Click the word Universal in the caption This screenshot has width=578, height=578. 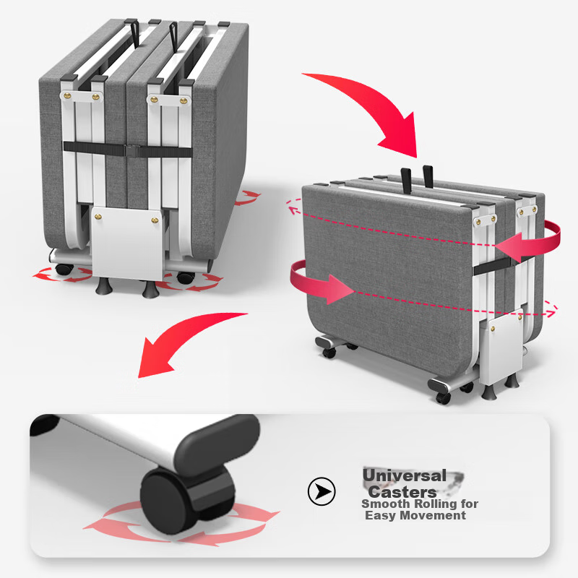[405, 475]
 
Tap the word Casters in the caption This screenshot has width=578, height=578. [402, 492]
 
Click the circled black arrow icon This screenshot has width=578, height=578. [322, 491]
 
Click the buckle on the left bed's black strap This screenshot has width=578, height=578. [131, 150]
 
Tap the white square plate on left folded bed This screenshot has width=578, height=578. [128, 243]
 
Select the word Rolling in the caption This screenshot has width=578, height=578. [429, 504]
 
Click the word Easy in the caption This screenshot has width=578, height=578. [381, 516]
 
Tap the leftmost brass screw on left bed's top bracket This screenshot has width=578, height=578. [68, 96]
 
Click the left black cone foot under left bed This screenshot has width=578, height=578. [104, 286]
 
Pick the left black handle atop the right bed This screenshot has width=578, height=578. [406, 181]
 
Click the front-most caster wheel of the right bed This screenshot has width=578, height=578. [444, 397]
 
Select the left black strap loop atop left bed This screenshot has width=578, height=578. [134, 34]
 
